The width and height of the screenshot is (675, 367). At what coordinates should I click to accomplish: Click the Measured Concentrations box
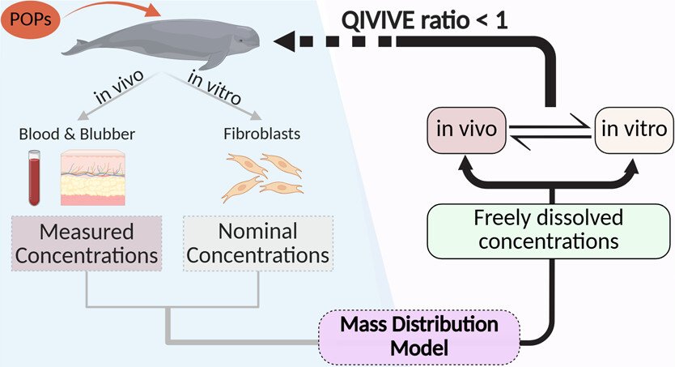[86, 244]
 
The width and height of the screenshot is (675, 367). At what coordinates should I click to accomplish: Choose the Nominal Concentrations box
[258, 244]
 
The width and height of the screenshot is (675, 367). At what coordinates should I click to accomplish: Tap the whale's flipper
[216, 61]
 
